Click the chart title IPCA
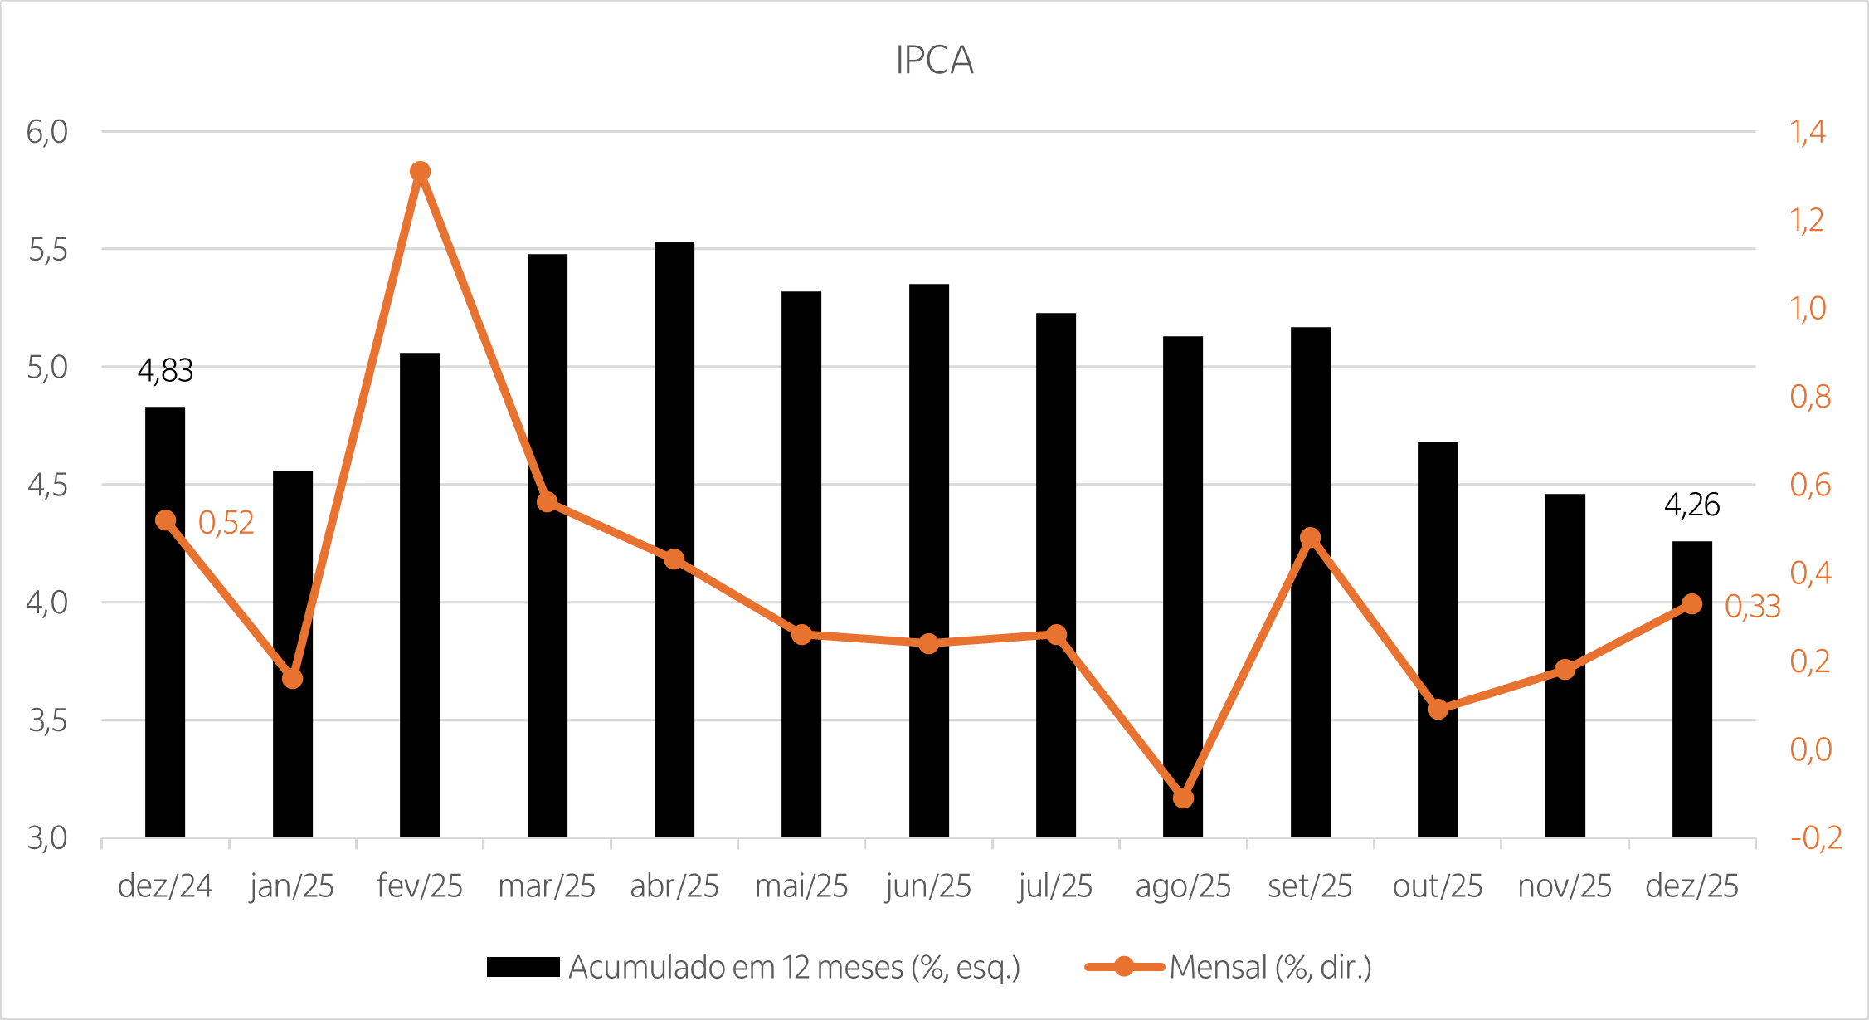[x=934, y=61]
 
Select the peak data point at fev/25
[x=420, y=172]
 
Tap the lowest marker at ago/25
[x=1183, y=798]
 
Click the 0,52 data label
[x=226, y=523]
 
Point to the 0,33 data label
[x=1752, y=607]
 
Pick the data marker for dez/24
[x=165, y=520]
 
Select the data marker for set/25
[x=1311, y=538]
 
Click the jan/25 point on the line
[x=292, y=679]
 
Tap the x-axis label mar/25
[x=547, y=886]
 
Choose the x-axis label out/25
[x=1438, y=886]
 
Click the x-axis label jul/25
[x=1055, y=886]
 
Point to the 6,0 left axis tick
[x=46, y=132]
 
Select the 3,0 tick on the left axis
[x=46, y=838]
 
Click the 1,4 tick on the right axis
[x=1808, y=132]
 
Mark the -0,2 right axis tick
[x=1816, y=838]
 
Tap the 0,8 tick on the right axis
[x=1810, y=397]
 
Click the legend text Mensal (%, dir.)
[x=1270, y=968]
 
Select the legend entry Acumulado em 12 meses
[x=794, y=968]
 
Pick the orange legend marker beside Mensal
[x=1124, y=967]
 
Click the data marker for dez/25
[x=1692, y=604]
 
